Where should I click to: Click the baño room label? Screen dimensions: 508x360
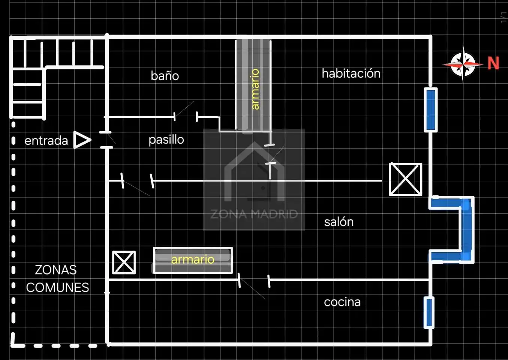[x=165, y=75]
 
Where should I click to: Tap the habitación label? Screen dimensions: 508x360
[x=351, y=73]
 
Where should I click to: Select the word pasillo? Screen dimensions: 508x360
[x=166, y=139]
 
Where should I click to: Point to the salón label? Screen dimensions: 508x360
[x=339, y=222]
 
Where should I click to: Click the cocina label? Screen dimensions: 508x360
[x=342, y=302]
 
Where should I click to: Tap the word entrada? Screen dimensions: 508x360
[x=46, y=141]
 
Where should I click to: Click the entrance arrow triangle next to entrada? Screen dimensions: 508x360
[x=82, y=140]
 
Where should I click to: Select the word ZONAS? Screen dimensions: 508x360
[x=56, y=270]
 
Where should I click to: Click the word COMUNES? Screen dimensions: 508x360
[x=58, y=287]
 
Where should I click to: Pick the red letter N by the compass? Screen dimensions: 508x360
[x=493, y=63]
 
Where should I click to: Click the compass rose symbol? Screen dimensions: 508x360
[x=463, y=64]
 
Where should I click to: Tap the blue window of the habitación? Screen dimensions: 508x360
[x=431, y=110]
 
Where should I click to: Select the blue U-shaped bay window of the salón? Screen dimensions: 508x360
[x=467, y=229]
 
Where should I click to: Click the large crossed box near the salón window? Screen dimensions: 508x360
[x=406, y=179]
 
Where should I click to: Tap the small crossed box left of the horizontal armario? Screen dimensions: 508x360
[x=124, y=262]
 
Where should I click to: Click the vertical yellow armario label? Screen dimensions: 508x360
[x=255, y=89]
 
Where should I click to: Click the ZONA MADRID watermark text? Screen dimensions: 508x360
[x=254, y=214]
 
